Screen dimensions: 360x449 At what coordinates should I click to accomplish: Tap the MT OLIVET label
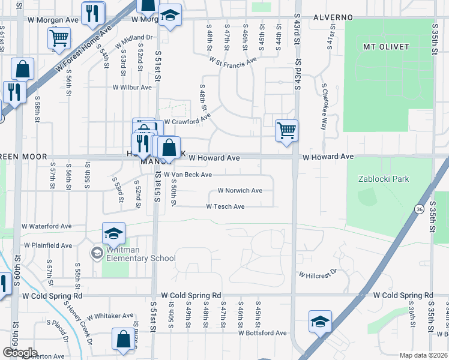tap(386, 46)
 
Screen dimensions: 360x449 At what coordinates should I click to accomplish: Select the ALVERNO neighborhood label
tap(333, 17)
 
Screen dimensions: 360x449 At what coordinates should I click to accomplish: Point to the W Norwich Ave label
tap(240, 191)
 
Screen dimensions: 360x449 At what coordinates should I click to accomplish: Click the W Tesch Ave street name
tap(225, 206)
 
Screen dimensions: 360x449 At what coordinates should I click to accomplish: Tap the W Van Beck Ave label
tap(188, 175)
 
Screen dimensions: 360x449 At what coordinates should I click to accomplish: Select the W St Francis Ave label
tap(233, 60)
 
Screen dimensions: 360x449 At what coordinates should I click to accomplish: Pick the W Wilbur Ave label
tap(132, 87)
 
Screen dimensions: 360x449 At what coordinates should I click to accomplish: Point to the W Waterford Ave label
tap(46, 226)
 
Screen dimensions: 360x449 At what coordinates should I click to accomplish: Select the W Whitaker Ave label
tap(110, 316)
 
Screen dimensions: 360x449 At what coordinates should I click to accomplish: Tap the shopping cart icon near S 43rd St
tap(287, 130)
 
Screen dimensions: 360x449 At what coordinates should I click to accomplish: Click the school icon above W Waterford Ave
tap(113, 233)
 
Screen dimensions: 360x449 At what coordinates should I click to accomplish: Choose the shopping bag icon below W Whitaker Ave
tap(123, 339)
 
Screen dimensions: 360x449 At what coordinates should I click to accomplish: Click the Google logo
tap(20, 353)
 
